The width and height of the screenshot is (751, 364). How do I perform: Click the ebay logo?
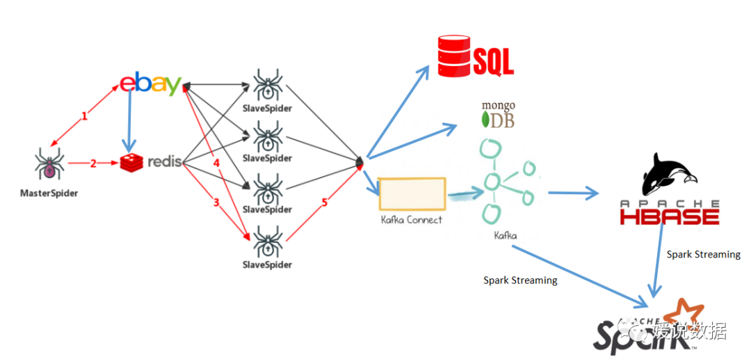click(150, 84)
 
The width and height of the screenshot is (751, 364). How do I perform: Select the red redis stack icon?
click(131, 163)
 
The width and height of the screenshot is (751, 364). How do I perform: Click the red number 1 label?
click(85, 116)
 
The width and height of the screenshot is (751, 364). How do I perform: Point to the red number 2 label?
click(93, 163)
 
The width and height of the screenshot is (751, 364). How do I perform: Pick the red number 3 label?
click(216, 203)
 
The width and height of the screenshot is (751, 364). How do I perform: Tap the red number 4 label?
click(216, 164)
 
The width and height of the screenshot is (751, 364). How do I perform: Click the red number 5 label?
click(325, 203)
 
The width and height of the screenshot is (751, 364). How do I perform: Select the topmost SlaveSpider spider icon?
click(267, 86)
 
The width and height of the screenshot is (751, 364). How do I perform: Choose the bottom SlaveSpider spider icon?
click(267, 242)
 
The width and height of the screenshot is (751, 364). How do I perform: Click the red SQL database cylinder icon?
click(453, 56)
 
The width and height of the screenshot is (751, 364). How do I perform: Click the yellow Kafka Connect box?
click(412, 193)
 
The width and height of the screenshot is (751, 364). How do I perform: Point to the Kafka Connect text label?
click(412, 220)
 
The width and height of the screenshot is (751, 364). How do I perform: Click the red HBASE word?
click(670, 216)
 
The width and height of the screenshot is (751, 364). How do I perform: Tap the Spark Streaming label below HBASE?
click(704, 254)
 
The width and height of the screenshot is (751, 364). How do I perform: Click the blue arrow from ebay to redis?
click(129, 120)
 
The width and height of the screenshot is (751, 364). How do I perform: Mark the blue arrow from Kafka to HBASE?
click(573, 193)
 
